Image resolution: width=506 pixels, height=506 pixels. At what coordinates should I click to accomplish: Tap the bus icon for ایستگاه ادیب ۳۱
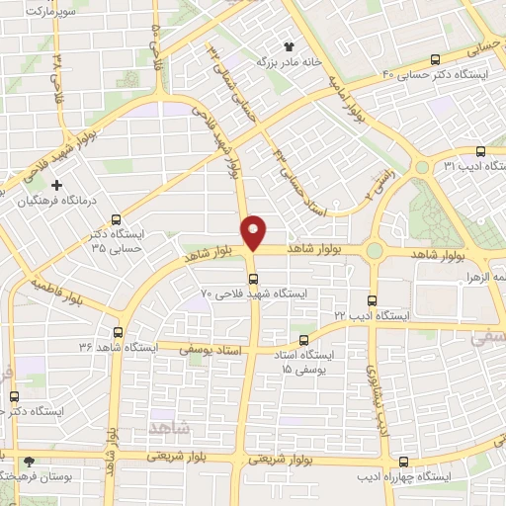pyautogui.click(x=480, y=151)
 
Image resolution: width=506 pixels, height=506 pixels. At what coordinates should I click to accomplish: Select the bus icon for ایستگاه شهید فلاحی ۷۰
pyautogui.click(x=253, y=278)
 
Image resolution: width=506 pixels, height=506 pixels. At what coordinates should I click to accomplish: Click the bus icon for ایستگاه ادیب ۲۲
pyautogui.click(x=373, y=299)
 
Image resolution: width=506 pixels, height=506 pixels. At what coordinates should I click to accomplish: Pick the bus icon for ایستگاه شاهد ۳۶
pyautogui.click(x=119, y=332)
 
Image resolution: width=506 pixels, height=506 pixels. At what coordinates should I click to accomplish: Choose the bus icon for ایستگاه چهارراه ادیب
pyautogui.click(x=403, y=461)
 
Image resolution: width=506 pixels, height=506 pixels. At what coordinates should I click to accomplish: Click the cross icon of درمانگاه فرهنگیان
pyautogui.click(x=56, y=185)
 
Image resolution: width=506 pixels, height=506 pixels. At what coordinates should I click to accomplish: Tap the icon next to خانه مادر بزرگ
pyautogui.click(x=289, y=46)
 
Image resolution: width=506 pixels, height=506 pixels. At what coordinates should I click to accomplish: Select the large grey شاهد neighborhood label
pyautogui.click(x=165, y=426)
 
